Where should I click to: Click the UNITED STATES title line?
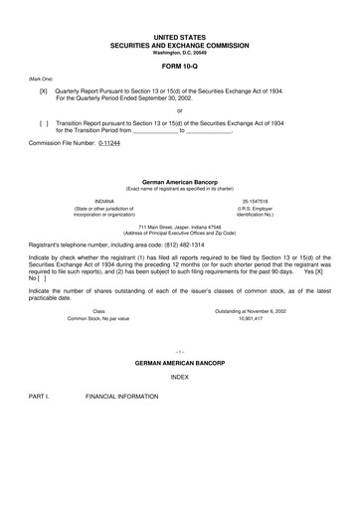click(x=180, y=35)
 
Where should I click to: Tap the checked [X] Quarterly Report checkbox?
click(x=43, y=89)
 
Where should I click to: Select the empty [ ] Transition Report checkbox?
click(x=43, y=122)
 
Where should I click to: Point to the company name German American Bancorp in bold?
click(x=180, y=182)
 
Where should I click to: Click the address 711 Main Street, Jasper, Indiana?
click(x=180, y=226)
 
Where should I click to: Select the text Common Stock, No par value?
click(x=98, y=319)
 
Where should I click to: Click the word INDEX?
click(x=180, y=378)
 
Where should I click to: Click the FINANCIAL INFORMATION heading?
click(x=121, y=396)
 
